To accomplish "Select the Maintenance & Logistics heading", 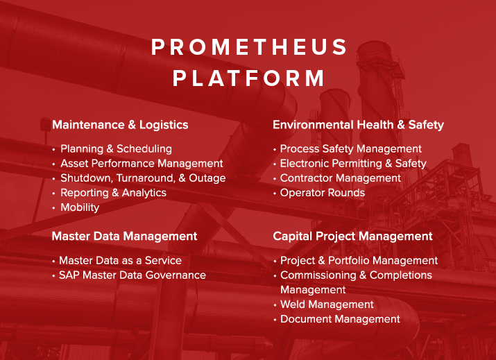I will point(120,125).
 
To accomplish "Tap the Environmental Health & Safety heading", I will point(358,125).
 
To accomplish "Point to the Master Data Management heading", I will point(124,237).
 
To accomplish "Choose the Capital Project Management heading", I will point(352,237).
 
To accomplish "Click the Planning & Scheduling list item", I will point(116,148).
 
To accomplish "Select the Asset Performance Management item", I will point(142,163).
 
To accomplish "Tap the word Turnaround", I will point(139,178).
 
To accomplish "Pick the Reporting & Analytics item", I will point(113,192).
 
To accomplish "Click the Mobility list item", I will point(80,207).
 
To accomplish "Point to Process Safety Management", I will point(350,148).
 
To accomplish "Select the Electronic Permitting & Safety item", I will point(353,163).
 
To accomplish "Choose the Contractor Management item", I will point(340,178).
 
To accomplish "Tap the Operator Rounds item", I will point(322,192).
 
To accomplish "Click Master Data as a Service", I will point(120,260).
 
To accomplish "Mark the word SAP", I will point(68,275).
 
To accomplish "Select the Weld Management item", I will point(327,305).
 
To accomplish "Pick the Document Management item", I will point(340,319).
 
